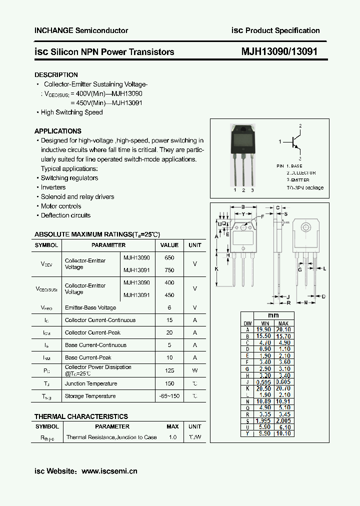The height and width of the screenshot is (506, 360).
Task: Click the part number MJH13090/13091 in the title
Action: (x=279, y=51)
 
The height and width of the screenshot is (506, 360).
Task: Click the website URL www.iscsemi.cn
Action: (x=109, y=471)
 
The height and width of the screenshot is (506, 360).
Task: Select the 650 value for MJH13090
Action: (x=169, y=257)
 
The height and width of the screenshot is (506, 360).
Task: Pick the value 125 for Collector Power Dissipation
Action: (x=169, y=370)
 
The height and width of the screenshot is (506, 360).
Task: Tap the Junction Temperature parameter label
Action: (x=91, y=383)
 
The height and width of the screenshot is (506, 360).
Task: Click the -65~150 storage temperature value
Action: (x=169, y=396)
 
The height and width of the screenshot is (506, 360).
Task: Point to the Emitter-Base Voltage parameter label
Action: (x=90, y=307)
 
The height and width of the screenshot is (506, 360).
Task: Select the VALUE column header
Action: (x=169, y=245)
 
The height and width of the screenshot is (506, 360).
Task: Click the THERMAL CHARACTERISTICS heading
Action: (x=81, y=416)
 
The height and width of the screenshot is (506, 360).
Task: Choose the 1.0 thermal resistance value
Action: (x=172, y=437)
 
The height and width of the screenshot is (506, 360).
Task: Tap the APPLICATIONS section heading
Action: (x=58, y=131)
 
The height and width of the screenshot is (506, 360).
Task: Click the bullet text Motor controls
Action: (x=61, y=206)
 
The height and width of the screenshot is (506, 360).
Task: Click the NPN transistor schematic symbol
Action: (x=296, y=142)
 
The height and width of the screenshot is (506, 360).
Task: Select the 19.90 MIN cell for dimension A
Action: (x=263, y=329)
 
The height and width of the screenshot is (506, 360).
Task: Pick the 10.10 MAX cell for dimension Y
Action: (x=283, y=433)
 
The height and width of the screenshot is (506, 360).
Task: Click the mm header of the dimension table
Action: (x=273, y=315)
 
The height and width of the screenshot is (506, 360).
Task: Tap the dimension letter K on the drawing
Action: (x=217, y=269)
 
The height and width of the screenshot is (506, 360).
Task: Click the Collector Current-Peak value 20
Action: (x=169, y=332)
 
